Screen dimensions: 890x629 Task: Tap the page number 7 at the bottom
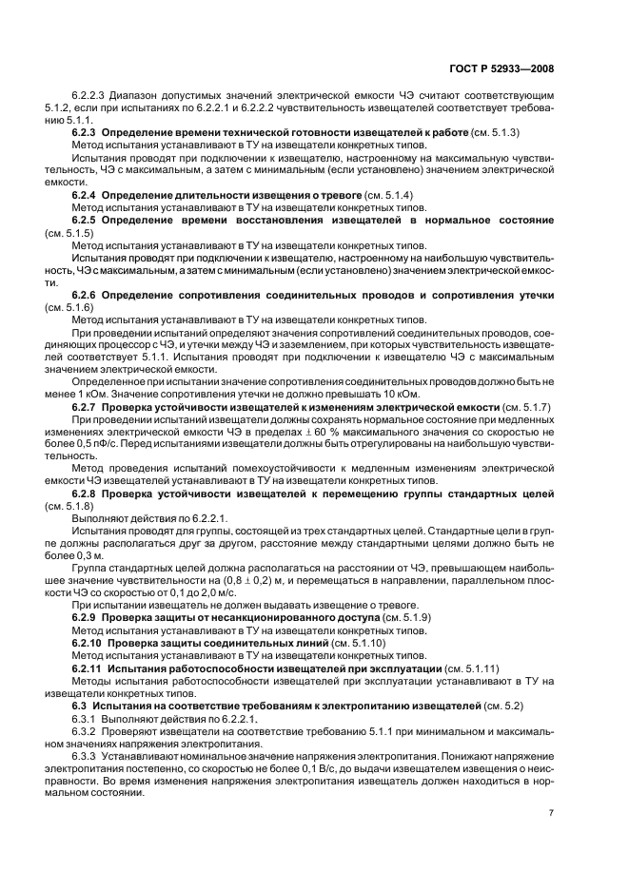(x=551, y=812)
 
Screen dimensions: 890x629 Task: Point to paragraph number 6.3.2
(x=87, y=732)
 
